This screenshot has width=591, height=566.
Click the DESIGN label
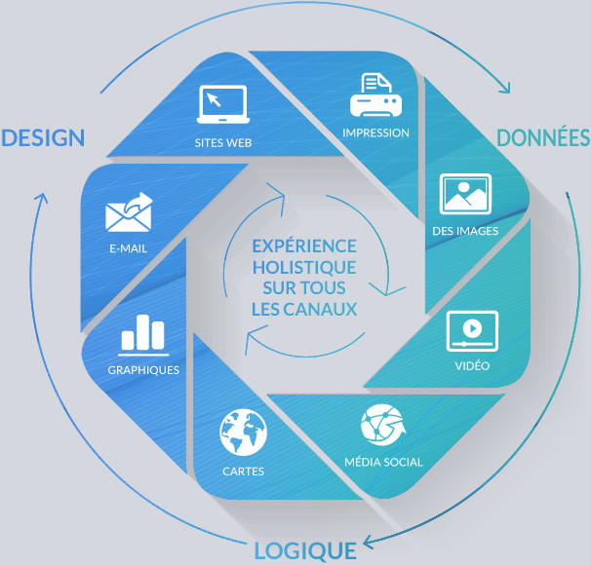43,137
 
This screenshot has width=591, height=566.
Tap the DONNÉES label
543,137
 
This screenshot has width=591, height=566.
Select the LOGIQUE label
304,550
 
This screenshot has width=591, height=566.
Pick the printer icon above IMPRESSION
375,95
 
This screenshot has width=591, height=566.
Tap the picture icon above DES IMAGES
464,194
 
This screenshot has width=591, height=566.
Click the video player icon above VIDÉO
472,331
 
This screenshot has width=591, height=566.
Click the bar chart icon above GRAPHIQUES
143,335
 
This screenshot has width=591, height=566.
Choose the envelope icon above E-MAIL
129,212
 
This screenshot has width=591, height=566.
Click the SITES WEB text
223,142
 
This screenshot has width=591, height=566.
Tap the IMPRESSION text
375,132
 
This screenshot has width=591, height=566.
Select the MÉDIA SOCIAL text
383,462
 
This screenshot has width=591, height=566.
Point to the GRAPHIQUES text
143,370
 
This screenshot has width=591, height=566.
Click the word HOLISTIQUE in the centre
303,267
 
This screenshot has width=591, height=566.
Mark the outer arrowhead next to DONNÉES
504,87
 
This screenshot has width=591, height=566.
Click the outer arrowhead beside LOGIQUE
368,542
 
